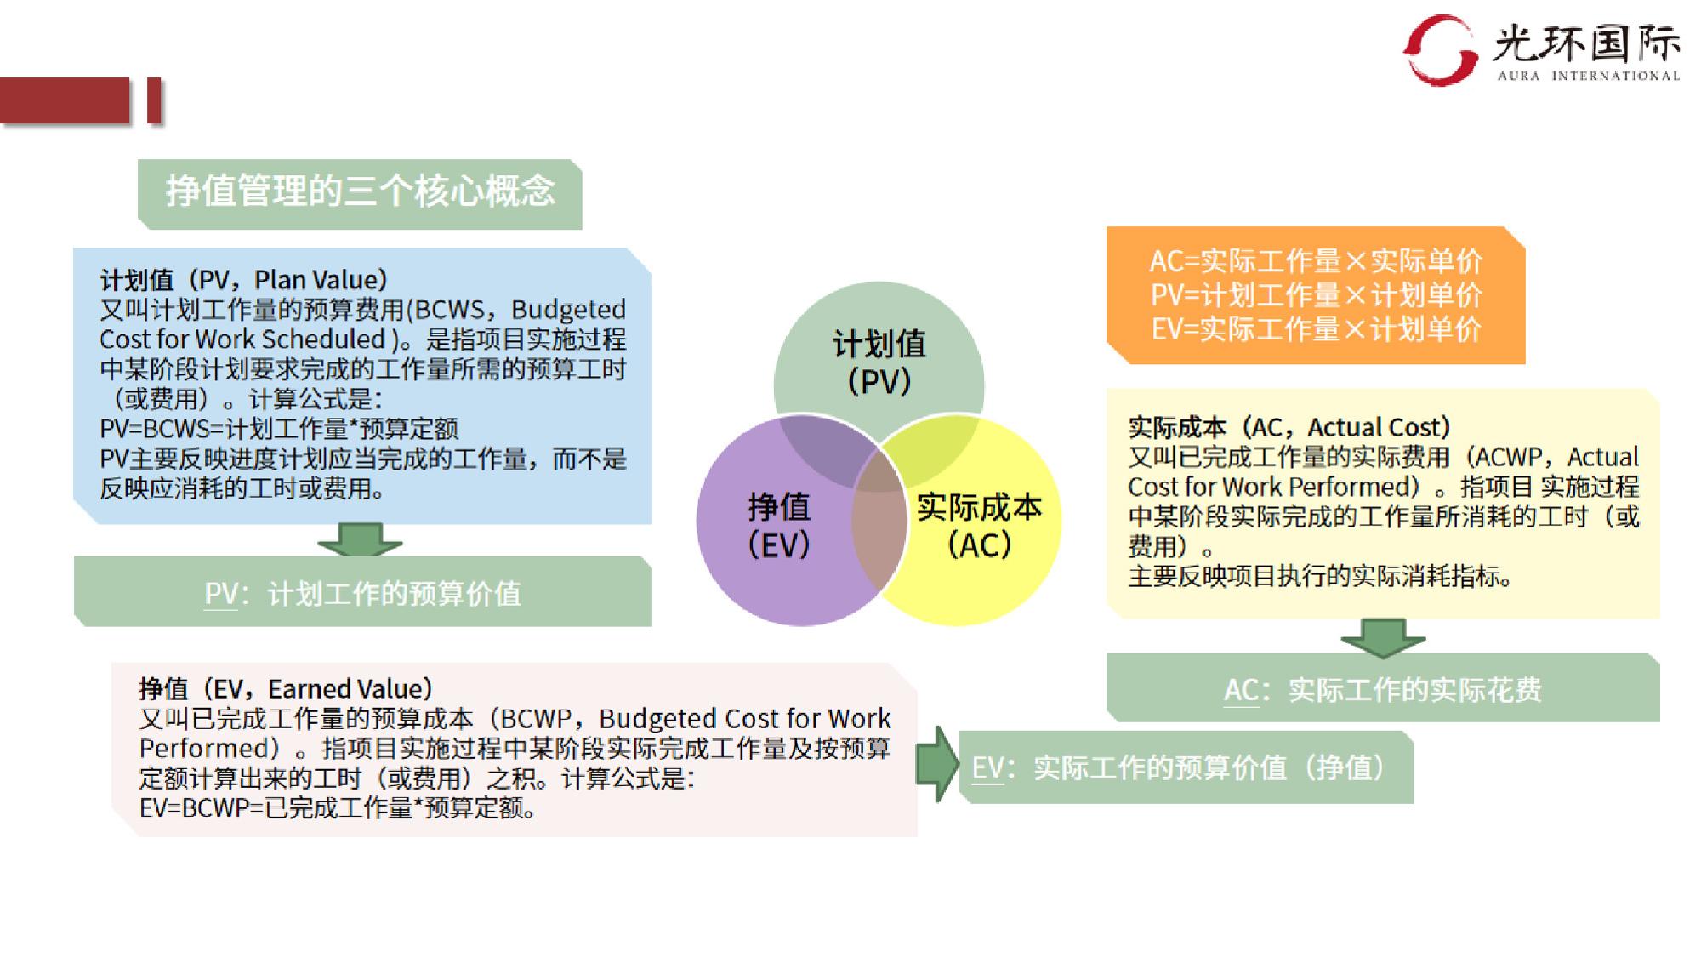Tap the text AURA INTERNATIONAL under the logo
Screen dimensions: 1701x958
[1589, 76]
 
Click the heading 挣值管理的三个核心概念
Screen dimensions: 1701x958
[360, 191]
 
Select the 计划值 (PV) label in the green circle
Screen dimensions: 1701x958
[879, 362]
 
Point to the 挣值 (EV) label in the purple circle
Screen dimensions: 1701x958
[779, 525]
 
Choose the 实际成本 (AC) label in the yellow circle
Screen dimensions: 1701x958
[979, 525]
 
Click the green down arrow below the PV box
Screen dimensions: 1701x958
[360, 539]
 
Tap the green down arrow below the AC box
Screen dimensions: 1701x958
[1383, 638]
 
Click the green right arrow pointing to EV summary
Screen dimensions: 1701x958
[937, 764]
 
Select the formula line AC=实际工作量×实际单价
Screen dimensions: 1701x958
[1316, 260]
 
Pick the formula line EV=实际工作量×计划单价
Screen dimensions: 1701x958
[1316, 328]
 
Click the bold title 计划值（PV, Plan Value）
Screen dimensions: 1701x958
[244, 280]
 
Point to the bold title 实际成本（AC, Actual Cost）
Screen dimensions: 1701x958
[1289, 426]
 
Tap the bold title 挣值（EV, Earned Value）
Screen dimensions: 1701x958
[287, 688]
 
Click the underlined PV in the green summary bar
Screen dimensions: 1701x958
[220, 594]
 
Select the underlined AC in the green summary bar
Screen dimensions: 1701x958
[1241, 690]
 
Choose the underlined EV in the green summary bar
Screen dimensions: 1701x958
[987, 768]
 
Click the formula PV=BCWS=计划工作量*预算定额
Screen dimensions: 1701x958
[279, 428]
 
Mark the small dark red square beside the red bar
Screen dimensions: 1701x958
[154, 101]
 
